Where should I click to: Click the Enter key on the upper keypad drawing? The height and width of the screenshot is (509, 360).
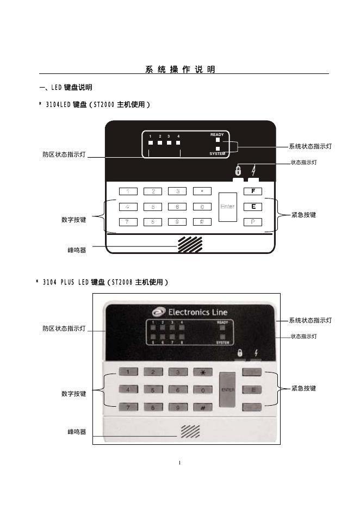(227, 207)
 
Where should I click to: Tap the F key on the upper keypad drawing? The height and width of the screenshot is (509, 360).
(253, 191)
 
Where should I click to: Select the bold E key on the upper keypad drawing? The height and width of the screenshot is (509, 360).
(253, 207)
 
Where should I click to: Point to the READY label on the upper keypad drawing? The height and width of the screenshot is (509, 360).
(217, 134)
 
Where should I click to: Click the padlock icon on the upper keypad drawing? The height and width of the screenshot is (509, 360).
(238, 171)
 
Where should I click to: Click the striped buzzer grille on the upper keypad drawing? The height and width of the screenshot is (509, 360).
(189, 245)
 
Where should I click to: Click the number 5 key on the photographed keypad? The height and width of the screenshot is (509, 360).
(153, 390)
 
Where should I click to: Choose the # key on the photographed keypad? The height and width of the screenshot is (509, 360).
(202, 407)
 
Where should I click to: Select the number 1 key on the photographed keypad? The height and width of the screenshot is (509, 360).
(128, 372)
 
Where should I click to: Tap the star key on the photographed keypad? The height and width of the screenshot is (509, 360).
(202, 372)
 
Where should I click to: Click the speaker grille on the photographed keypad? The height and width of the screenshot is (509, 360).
(190, 431)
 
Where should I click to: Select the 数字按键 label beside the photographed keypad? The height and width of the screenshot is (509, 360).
(73, 393)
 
